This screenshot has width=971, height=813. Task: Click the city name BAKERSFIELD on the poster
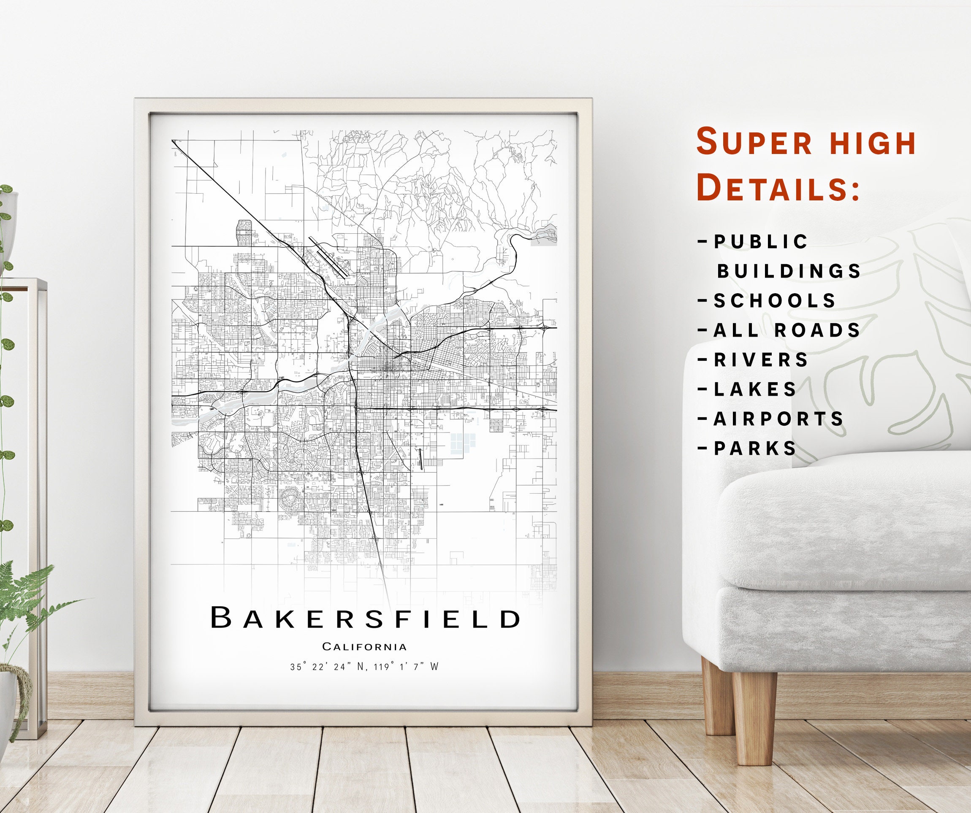(x=365, y=618)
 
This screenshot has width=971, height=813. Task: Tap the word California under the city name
(x=364, y=647)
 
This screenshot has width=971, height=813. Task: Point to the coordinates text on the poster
(x=364, y=667)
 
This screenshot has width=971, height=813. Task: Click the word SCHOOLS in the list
(x=775, y=300)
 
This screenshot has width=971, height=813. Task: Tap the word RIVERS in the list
(x=761, y=359)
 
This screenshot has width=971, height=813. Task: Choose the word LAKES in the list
(x=755, y=389)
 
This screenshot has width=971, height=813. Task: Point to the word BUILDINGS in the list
(x=789, y=271)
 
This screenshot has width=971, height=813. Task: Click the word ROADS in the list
(x=817, y=330)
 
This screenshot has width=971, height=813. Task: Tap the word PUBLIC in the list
(x=761, y=241)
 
